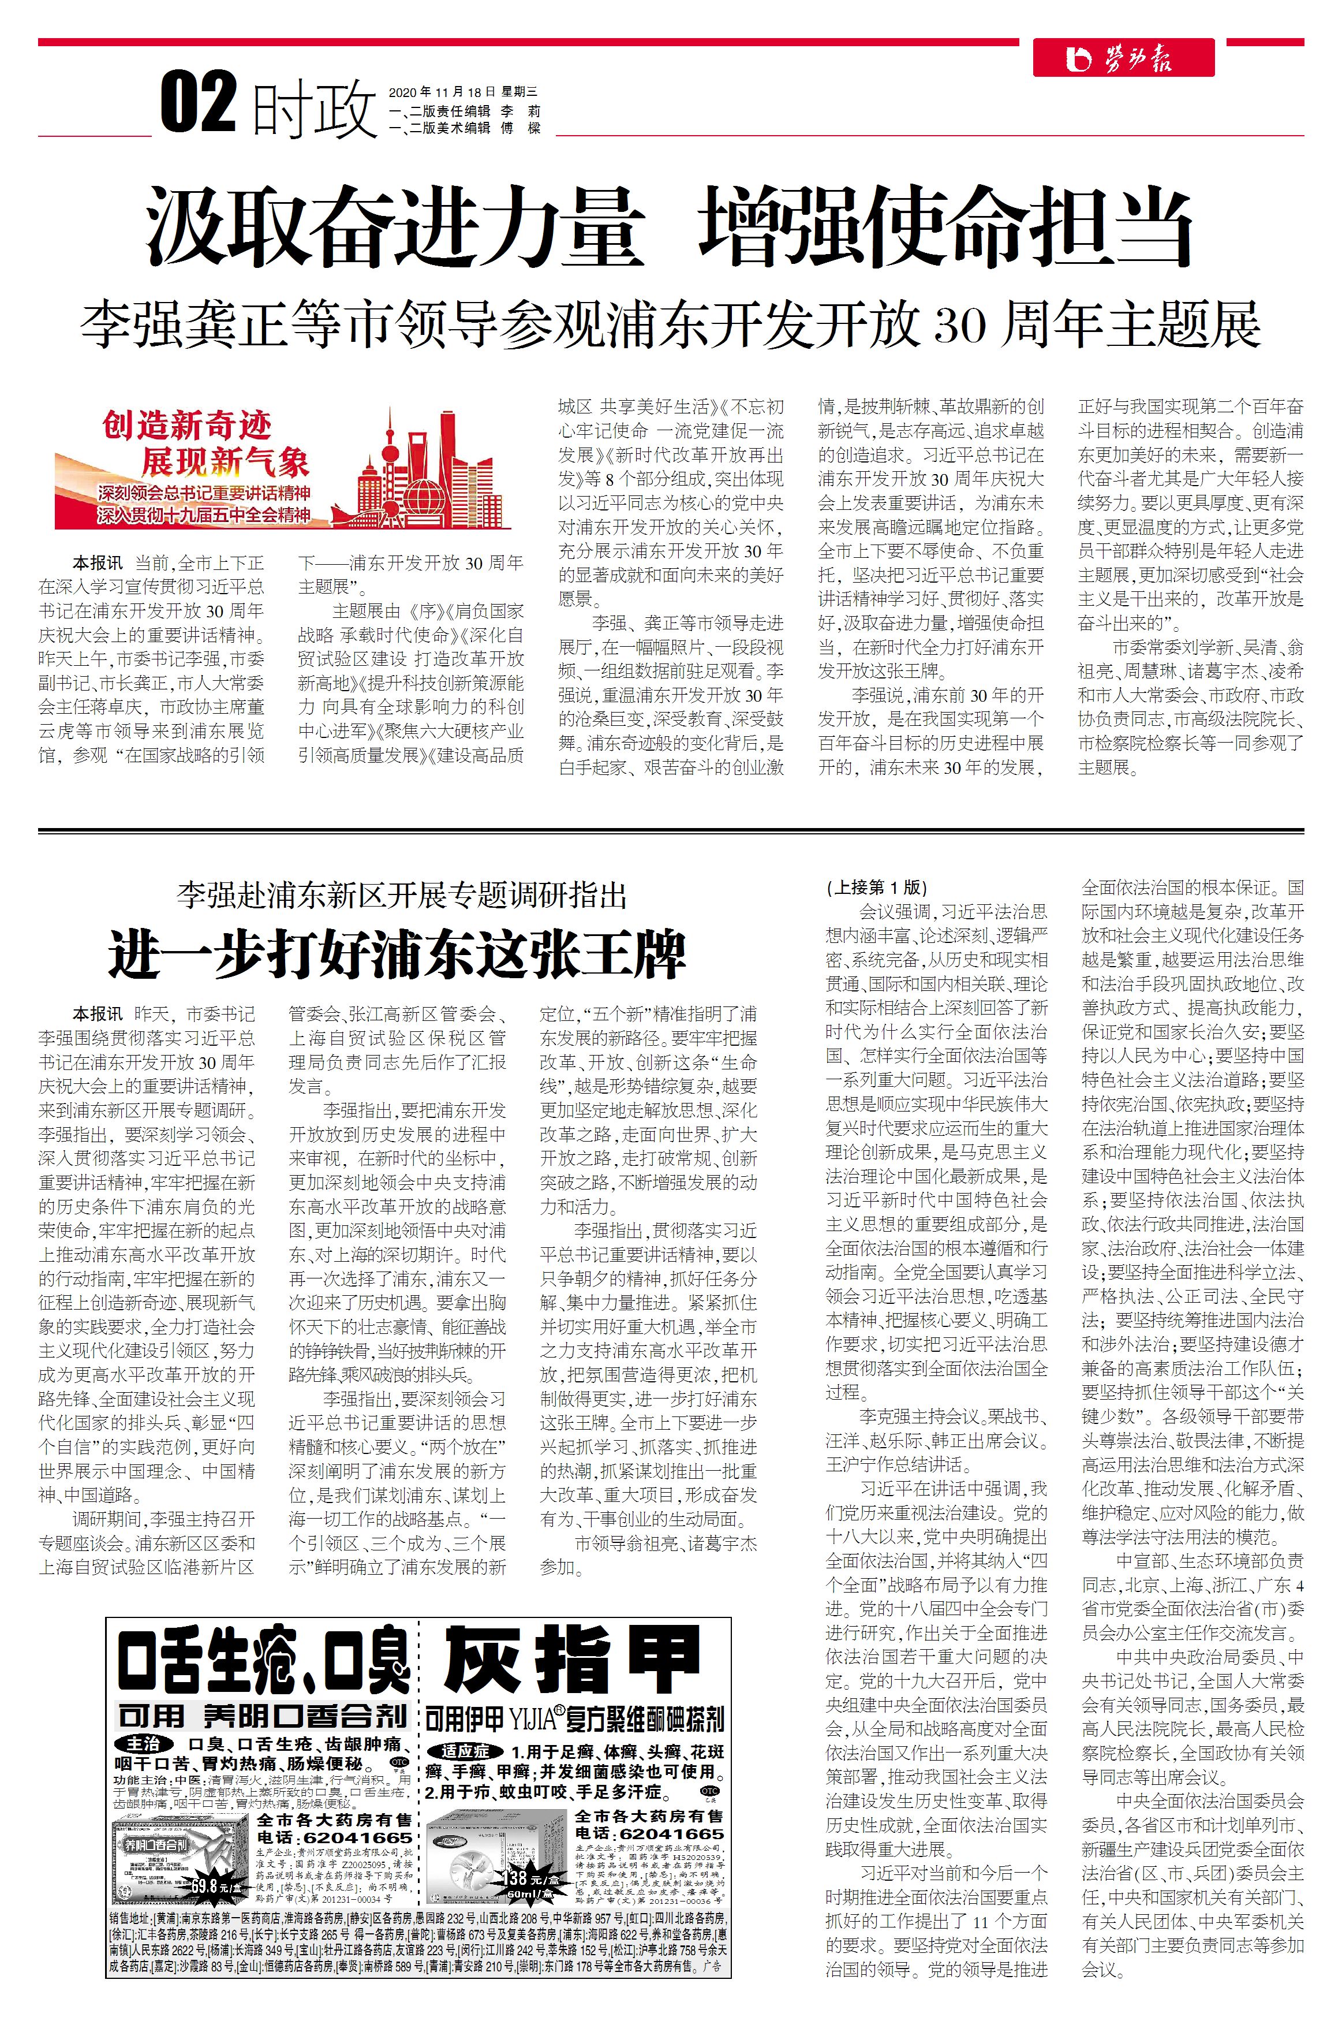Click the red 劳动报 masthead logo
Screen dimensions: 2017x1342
click(1123, 58)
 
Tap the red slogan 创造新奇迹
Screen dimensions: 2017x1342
click(186, 424)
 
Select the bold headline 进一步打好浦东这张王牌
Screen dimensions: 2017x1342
click(397, 955)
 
